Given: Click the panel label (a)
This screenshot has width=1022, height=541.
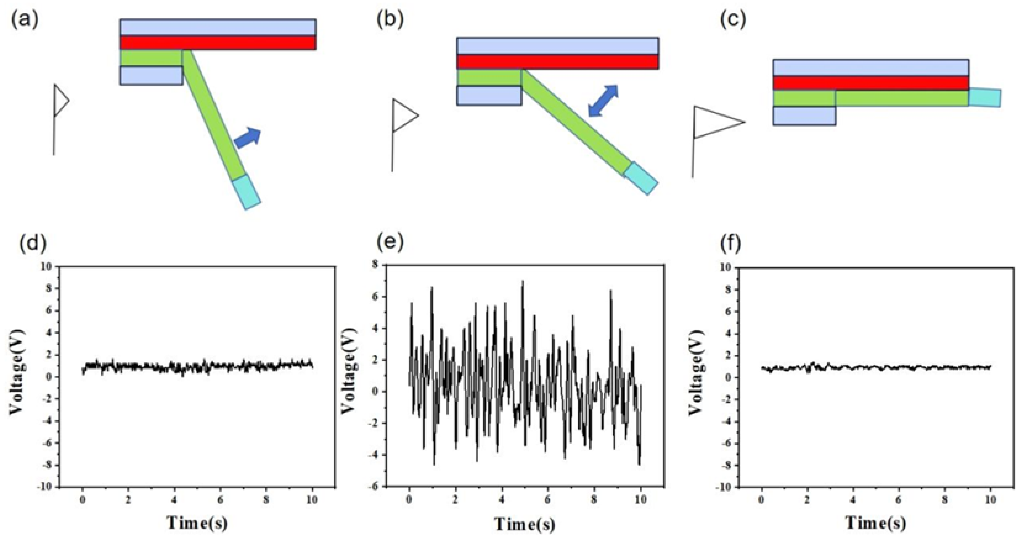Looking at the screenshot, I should click(x=25, y=21).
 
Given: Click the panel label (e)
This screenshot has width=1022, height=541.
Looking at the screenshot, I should click(x=390, y=242).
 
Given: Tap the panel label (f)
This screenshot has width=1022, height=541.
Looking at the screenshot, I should click(x=730, y=243).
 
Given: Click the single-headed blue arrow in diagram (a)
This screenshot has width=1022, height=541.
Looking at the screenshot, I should click(x=248, y=138).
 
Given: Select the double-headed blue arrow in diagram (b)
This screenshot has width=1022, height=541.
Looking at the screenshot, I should click(x=603, y=101).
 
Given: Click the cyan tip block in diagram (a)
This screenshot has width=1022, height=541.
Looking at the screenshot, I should click(x=246, y=192).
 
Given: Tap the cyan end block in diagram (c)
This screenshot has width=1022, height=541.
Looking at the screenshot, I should click(x=985, y=98).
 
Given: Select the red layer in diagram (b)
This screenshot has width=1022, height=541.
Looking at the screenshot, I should click(x=558, y=62).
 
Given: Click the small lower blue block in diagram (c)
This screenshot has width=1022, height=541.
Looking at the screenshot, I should click(x=804, y=116).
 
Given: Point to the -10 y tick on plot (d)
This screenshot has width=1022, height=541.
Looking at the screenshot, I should click(x=45, y=487).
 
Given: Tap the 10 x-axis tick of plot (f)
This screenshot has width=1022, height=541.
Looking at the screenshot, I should click(x=990, y=500).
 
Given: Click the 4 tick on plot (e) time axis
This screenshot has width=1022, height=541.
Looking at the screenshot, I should click(x=502, y=500).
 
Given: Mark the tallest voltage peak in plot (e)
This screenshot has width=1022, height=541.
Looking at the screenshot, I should click(x=522, y=281).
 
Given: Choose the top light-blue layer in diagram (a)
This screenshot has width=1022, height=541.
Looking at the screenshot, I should click(x=218, y=27).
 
